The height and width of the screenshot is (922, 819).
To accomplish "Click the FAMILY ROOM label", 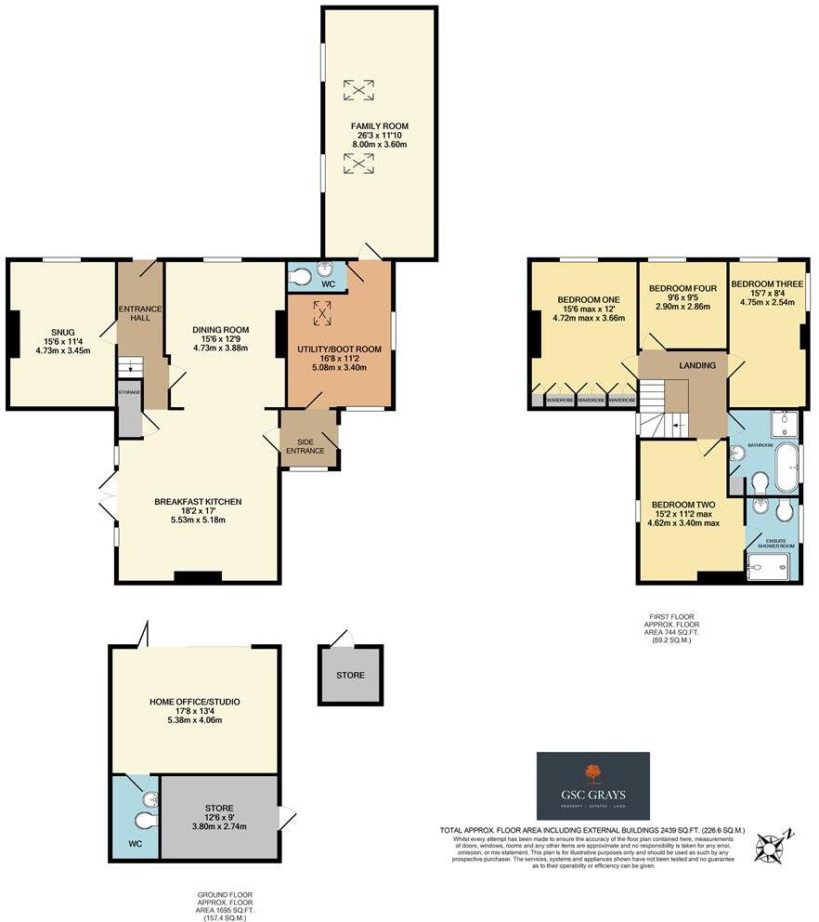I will [379, 125].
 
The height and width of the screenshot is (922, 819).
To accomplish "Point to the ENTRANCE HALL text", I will [140, 314].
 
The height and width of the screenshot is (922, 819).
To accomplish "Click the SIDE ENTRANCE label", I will [310, 445].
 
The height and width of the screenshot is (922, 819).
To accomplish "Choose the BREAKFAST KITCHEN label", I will [198, 501].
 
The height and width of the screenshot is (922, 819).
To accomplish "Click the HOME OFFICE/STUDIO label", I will [194, 701].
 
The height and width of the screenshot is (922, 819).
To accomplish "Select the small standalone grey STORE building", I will [350, 675].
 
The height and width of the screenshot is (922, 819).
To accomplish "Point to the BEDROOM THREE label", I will [767, 283].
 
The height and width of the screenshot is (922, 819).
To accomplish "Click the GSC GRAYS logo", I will [592, 786].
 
